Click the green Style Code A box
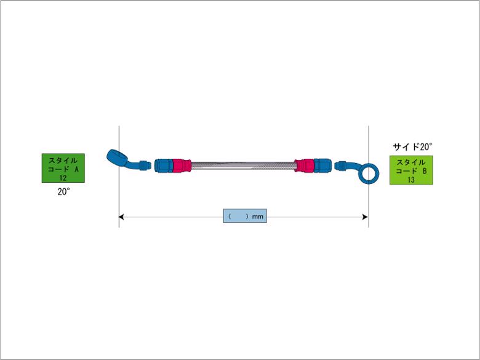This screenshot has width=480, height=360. tap(63, 168)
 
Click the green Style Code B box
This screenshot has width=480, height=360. tap(411, 170)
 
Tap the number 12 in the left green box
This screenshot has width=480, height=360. tap(63, 178)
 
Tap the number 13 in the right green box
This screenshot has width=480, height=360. tap(411, 180)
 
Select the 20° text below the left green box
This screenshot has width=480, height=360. tap(63, 191)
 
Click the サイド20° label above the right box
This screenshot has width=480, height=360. tap(412, 147)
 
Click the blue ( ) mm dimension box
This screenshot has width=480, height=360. tap(245, 216)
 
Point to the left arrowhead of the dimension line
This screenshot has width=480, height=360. tap(121, 217)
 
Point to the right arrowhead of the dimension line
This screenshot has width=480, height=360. tap(365, 217)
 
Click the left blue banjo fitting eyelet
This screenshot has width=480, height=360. tap(116, 156)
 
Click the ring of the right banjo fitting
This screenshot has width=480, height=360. tap(369, 174)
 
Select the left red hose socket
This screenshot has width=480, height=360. tap(182, 166)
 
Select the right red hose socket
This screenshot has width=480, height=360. tap(304, 166)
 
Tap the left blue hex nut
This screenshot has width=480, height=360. tap(164, 166)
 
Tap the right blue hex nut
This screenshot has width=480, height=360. tap(322, 166)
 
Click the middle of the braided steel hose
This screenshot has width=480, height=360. tap(243, 166)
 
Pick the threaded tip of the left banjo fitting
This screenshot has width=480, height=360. tap(145, 165)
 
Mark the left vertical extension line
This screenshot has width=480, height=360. tap(119, 177)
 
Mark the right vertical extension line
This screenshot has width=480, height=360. tap(368, 177)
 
